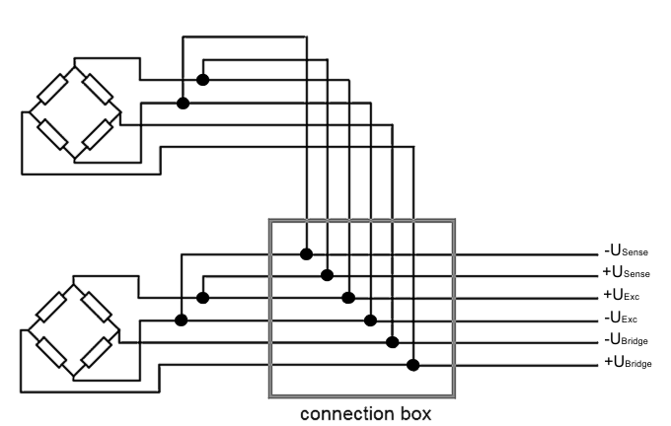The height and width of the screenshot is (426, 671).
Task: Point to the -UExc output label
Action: (x=623, y=319)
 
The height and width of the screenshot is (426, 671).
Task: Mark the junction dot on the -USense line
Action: (x=306, y=253)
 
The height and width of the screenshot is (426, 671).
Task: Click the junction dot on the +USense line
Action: (x=328, y=275)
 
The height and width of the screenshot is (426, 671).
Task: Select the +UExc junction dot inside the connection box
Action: (x=348, y=297)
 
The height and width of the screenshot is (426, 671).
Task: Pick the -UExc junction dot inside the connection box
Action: (x=371, y=319)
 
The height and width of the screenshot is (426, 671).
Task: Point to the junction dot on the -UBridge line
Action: (x=392, y=342)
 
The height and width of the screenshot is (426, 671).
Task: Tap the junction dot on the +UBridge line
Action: (x=413, y=365)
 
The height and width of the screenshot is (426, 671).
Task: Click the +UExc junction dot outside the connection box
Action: (x=202, y=297)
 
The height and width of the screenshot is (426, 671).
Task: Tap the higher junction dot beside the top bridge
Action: (x=202, y=80)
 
